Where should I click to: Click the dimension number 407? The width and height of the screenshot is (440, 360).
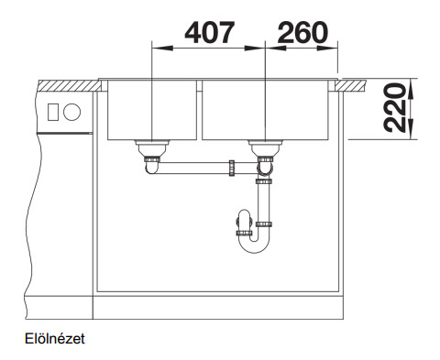point(210,32)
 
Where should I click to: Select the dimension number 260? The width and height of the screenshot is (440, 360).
point(302,32)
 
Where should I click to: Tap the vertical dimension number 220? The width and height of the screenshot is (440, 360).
point(394,108)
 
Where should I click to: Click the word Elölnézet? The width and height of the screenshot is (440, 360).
point(55,339)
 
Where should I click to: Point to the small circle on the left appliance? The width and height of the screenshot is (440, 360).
point(71,112)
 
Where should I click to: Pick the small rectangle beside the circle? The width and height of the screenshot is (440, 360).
point(53,112)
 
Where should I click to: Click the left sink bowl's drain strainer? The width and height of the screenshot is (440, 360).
point(152,148)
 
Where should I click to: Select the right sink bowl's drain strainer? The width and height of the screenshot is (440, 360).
point(265,148)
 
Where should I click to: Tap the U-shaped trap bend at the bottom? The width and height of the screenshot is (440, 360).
point(254,245)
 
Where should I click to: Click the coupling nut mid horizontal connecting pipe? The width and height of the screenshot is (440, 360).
point(232,169)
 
